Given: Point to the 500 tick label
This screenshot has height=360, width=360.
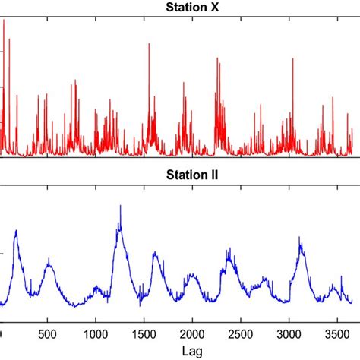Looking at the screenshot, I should tap(47, 334).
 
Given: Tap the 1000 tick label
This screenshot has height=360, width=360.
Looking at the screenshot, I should tap(95, 334).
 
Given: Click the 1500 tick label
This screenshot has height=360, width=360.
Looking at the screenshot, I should tap(144, 334).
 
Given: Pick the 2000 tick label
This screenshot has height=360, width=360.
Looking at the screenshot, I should tap(192, 334).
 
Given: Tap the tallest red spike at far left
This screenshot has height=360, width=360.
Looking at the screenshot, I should tap(4, 21).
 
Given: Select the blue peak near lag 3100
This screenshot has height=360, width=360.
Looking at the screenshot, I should tap(301, 238).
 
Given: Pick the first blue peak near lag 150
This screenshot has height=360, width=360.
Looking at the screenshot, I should tap(15, 231).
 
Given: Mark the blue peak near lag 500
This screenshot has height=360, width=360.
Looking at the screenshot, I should tap(49, 260).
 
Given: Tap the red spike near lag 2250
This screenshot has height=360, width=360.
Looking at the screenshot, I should tap(216, 58).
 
